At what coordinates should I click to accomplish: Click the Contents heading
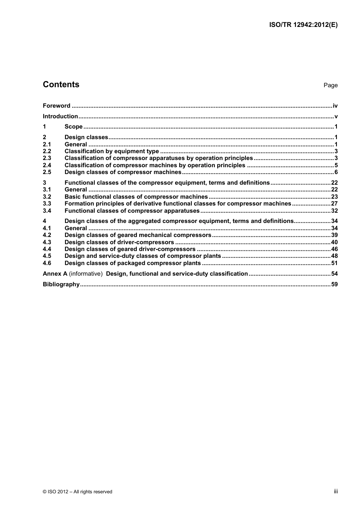[x=61, y=85]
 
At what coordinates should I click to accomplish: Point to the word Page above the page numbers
[x=330, y=85]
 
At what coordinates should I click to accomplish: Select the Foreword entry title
[x=56, y=106]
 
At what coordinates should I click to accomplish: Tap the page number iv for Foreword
[x=335, y=106]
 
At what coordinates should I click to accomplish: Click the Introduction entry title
[x=60, y=116]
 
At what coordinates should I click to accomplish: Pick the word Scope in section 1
[x=74, y=127]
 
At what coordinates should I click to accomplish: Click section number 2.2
[x=47, y=151]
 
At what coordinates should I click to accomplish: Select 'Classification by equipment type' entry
[x=112, y=151]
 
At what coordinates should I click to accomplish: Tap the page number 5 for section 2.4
[x=336, y=165]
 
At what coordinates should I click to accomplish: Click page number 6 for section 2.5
[x=336, y=172]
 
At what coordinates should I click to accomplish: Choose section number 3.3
[x=47, y=204]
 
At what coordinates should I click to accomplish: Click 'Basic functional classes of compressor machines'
[x=136, y=197]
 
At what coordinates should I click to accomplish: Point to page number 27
[x=334, y=204]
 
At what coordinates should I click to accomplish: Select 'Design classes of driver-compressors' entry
[x=119, y=242]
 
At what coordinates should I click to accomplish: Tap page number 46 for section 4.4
[x=334, y=249]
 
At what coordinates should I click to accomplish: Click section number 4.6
[x=47, y=263]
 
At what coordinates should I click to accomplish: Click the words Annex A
[x=55, y=274]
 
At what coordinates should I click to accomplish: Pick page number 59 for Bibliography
[x=334, y=284]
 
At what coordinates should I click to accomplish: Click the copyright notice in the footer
[x=78, y=492]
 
